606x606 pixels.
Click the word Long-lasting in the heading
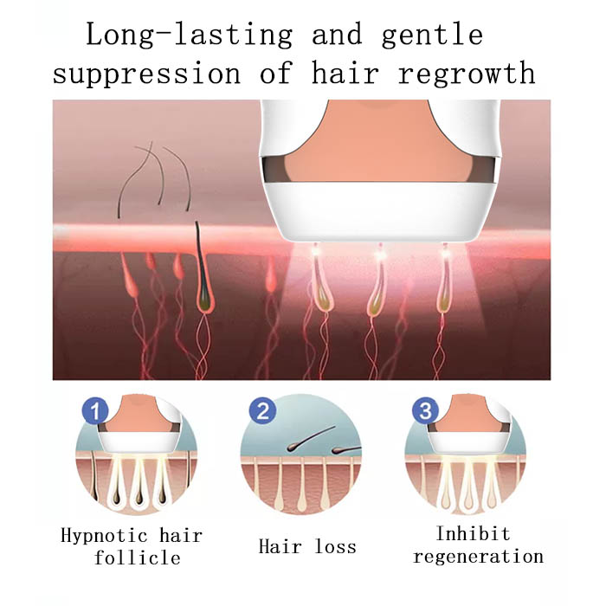click(x=189, y=35)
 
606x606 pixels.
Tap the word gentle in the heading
click(x=433, y=35)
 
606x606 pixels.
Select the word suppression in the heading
click(x=147, y=74)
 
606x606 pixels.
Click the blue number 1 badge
click(x=95, y=410)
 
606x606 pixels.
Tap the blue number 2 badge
click(x=262, y=410)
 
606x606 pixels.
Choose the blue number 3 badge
click(x=426, y=410)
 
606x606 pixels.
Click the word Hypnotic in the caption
click(x=104, y=537)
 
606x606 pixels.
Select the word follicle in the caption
click(x=137, y=558)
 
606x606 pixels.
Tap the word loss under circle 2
click(x=336, y=546)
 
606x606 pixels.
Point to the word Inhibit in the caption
click(x=473, y=533)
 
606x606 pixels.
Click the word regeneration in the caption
click(x=479, y=557)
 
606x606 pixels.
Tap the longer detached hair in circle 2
click(x=311, y=438)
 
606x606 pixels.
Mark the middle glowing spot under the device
click(x=380, y=252)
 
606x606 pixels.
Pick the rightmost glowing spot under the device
click(x=445, y=252)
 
